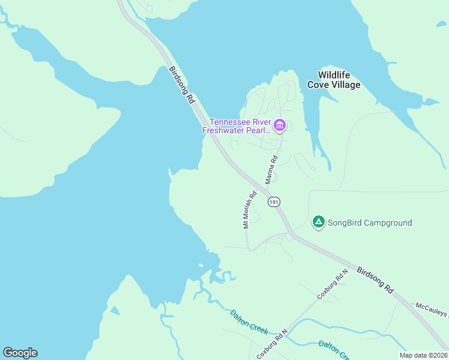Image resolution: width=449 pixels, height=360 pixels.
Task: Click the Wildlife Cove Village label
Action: (x=334, y=80)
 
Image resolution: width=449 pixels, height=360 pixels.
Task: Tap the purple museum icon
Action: (x=279, y=125)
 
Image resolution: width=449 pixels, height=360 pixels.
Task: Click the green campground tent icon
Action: (x=319, y=223)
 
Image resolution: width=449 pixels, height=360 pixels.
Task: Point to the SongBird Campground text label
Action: (x=370, y=223)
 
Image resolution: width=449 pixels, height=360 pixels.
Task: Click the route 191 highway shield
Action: (x=274, y=202)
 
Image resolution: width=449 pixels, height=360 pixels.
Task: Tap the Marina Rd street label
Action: (x=271, y=170)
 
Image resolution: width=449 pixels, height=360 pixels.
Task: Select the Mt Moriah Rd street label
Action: (x=250, y=209)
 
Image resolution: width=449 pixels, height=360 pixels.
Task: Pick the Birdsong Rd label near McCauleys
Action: (x=375, y=280)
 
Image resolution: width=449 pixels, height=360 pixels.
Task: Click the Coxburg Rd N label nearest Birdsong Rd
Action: (x=333, y=285)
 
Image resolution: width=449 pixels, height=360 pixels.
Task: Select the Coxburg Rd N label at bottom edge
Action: (x=272, y=343)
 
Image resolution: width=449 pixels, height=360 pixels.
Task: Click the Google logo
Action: (x=20, y=353)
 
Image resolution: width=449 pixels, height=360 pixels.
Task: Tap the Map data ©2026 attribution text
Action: (x=423, y=355)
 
